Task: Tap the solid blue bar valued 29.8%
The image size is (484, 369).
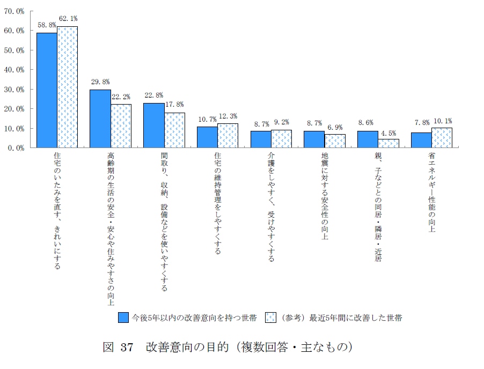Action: coord(100,119)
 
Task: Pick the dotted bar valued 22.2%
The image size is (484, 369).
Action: coord(121,126)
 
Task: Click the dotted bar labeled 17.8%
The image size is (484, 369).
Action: coord(174,130)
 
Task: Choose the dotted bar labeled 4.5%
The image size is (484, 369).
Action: coord(388,143)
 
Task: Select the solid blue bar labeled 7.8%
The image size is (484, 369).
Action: coord(421,140)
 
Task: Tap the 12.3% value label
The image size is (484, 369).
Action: coord(228,116)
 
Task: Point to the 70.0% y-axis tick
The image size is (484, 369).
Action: coord(14,11)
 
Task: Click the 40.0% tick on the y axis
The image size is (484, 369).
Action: coord(14,70)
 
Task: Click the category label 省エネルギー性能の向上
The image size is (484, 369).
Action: coord(431,193)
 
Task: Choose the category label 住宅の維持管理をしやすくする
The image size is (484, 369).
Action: coord(218,204)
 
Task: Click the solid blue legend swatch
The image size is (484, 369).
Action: coord(123,318)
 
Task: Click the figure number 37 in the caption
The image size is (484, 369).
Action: coord(127,348)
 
